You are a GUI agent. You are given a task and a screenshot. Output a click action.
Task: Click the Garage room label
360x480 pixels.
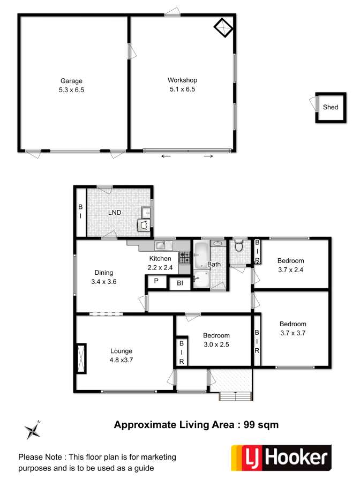pos(71,81)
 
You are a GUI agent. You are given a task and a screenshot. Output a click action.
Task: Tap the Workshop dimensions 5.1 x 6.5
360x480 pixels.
pos(183,89)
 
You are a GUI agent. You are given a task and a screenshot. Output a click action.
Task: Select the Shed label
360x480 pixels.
pos(331,107)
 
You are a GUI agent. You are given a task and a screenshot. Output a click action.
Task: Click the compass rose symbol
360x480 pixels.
pos(33,430)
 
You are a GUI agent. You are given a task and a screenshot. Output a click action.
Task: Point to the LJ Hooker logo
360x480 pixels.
pos(281,457)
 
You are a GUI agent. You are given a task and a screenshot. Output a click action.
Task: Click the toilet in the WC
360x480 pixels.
pos(238,246)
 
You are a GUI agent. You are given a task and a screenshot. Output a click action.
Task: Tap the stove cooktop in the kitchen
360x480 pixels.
pos(184,257)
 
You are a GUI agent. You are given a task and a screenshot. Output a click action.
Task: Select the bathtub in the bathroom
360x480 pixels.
pos(201,254)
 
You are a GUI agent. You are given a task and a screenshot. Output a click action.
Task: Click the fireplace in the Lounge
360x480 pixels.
pos(81,358)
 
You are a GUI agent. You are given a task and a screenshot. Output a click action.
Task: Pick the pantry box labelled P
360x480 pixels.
pos(156,282)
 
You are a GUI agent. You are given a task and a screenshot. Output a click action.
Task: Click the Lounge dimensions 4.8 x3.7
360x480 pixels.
pos(122,361)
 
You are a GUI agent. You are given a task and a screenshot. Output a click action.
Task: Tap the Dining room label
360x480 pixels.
pos(104,273)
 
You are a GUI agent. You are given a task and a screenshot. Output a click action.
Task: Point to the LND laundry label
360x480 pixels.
pos(115,213)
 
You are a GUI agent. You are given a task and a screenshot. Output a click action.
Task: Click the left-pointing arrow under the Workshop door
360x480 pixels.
pos(166,156)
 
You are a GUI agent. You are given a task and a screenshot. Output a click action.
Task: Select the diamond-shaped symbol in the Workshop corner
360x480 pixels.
pos(223,28)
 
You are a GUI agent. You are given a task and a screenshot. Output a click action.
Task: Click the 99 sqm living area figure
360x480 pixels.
pos(261,425)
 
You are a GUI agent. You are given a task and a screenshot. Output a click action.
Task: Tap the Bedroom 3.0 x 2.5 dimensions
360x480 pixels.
pos(216,344)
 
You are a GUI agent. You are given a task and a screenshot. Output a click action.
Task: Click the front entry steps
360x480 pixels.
pos(236,396)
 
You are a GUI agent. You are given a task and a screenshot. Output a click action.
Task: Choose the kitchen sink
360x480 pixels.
pos(160,245)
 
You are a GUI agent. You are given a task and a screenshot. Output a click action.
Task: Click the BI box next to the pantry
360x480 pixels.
pos(180,283)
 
